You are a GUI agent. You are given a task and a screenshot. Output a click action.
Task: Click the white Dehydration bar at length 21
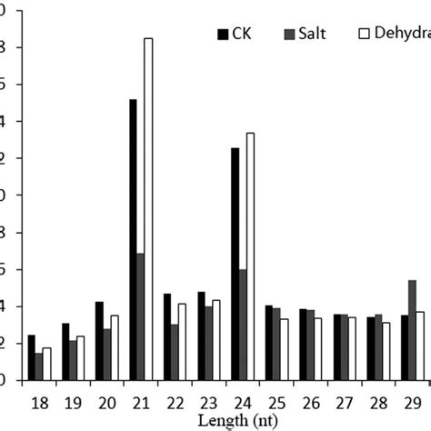(148, 209)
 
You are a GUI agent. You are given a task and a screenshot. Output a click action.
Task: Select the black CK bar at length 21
(133, 240)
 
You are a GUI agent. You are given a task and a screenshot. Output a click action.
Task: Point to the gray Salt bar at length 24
(242, 325)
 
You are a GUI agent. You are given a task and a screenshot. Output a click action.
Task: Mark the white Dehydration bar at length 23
(215, 340)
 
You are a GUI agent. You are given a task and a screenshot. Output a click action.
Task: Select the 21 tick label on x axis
(140, 400)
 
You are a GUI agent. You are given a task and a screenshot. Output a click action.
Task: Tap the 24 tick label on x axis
(242, 400)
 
